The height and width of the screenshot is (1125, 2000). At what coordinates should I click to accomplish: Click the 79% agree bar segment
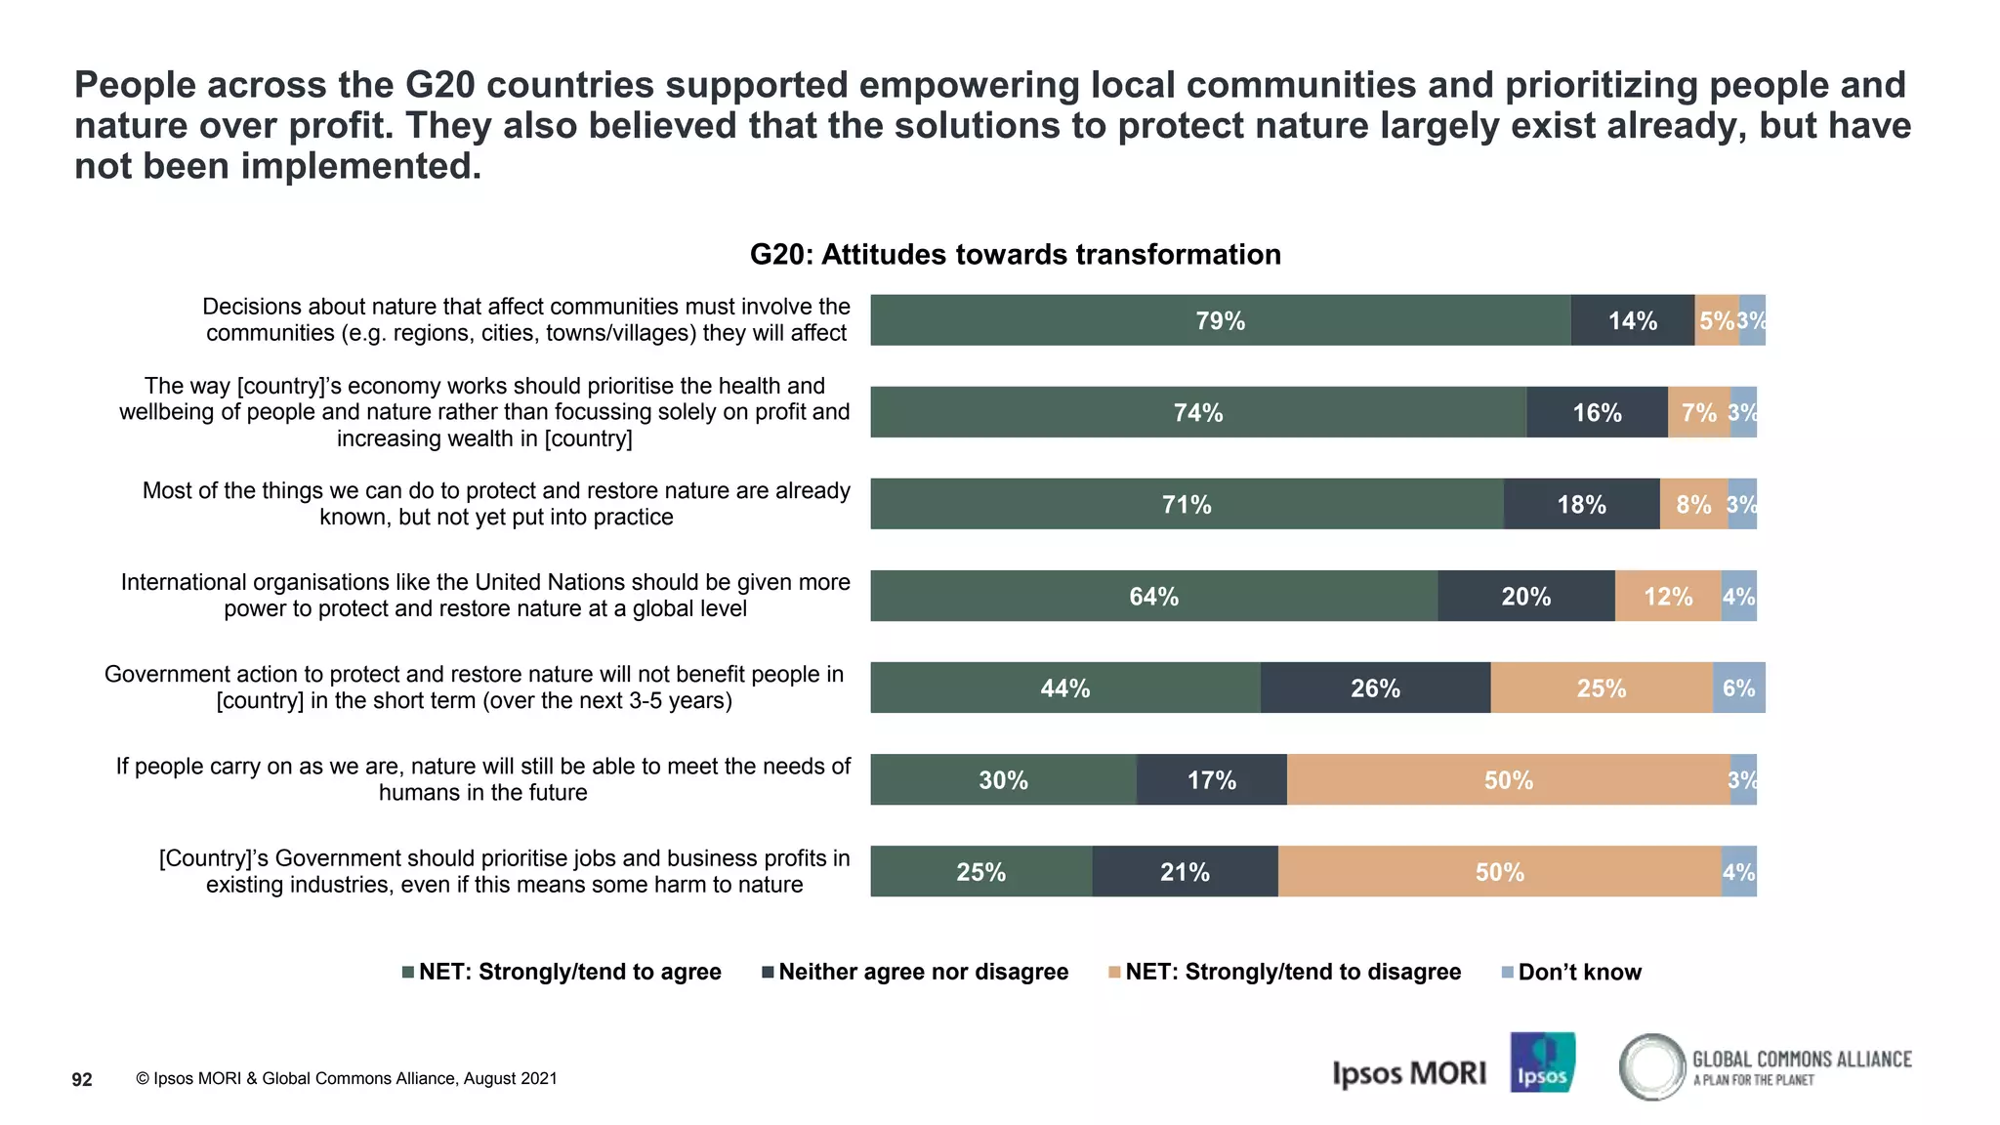point(1221,320)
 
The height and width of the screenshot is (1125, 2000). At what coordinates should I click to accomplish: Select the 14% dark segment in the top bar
point(1633,320)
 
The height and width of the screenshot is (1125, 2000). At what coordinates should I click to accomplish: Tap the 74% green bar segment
point(1198,412)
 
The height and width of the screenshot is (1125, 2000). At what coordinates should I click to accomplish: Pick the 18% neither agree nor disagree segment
point(1581,504)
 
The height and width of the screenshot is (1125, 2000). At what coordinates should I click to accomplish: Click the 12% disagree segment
point(1668,596)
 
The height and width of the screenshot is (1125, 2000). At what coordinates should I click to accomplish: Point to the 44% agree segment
point(1064,687)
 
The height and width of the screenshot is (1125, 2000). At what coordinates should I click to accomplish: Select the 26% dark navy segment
point(1375,687)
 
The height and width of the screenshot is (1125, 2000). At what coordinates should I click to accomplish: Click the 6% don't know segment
point(1738,687)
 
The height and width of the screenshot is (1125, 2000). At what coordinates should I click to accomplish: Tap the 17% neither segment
point(1211,779)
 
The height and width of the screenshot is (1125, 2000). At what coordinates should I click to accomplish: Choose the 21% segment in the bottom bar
point(1185,871)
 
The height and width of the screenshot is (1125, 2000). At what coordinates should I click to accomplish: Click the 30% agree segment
point(1003,779)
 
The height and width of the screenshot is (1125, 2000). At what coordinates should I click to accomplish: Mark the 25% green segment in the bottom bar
point(980,871)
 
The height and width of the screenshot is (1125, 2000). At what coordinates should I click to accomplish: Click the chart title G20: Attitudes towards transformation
point(1015,254)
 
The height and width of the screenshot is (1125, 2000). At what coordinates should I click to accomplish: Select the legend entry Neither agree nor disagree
point(923,972)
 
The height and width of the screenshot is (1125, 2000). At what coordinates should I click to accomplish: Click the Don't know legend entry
point(1579,972)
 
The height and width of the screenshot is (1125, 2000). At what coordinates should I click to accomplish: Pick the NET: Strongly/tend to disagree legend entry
point(1292,972)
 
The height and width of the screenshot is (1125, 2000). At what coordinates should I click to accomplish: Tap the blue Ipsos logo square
point(1542,1062)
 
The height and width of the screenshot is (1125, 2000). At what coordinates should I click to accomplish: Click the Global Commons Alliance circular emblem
point(1652,1066)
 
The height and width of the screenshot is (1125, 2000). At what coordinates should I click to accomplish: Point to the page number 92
point(82,1079)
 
